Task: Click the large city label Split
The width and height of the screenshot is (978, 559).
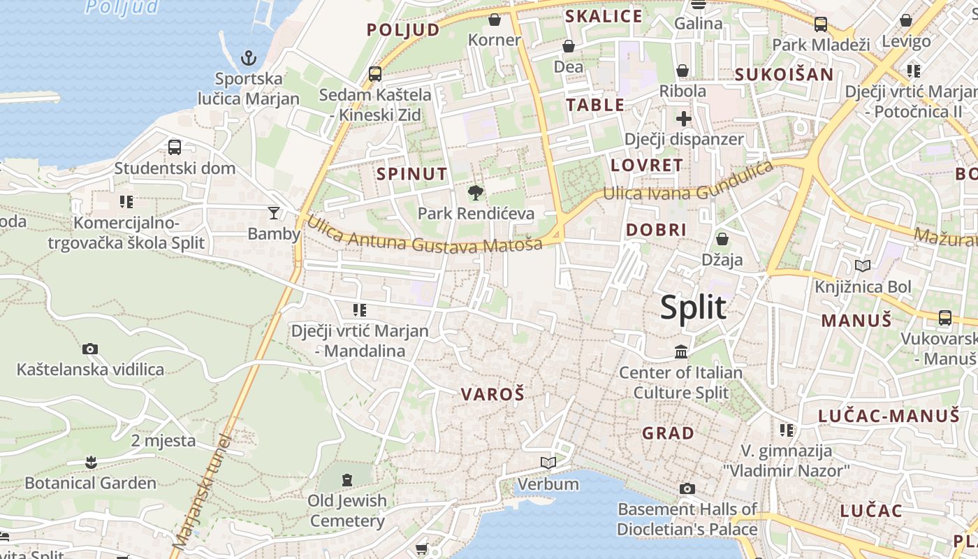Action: coord(693,307)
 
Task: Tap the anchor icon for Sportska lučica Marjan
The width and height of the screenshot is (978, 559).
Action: coord(248,57)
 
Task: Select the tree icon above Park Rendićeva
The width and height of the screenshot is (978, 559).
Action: coord(476,193)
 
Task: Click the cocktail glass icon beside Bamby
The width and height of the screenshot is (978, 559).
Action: coord(273,212)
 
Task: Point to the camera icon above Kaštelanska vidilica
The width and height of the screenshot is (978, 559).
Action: coord(90,349)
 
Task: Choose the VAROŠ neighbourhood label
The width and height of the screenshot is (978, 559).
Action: coord(492,394)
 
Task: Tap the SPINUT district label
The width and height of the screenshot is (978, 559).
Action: coord(412,174)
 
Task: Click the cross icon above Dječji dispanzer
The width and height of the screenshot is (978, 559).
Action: coord(683,119)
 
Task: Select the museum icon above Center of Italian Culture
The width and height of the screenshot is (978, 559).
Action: coord(681,351)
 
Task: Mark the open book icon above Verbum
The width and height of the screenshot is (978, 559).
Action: coord(548,463)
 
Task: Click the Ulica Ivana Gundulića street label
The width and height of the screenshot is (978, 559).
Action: coord(688,183)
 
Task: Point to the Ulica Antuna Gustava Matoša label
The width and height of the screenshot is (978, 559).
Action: coord(424,236)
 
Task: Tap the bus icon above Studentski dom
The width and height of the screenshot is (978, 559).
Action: coord(175,147)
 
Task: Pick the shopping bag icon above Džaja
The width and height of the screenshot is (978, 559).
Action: coord(722,239)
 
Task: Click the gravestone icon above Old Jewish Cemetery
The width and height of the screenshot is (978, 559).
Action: coord(347,480)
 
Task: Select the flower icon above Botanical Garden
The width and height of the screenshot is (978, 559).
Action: coord(90,462)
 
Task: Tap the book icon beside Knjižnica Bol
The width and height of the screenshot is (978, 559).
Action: coord(863,266)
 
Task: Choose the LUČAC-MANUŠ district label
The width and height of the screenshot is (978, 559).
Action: coord(889,416)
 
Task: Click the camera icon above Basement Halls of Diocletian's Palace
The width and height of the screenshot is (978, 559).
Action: coord(687,488)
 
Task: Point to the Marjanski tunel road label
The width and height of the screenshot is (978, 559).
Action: coord(200,493)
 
